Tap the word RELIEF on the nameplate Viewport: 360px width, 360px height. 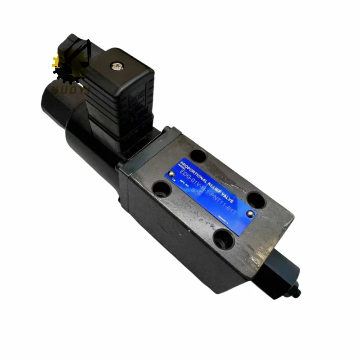pyautogui.click(x=215, y=180)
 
